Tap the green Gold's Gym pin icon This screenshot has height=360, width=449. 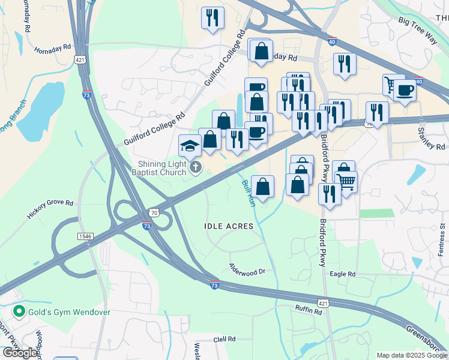[x=19, y=311]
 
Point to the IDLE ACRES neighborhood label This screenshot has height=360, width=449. [x=228, y=226]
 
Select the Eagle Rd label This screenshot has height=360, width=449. [x=343, y=274]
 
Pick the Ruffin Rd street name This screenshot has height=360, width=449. [x=309, y=308]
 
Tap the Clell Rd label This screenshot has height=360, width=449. [x=227, y=340]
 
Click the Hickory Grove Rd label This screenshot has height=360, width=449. [x=50, y=208]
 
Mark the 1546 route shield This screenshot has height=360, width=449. [x=86, y=236]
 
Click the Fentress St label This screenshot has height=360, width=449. [x=442, y=239]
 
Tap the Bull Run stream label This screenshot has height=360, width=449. [x=249, y=193]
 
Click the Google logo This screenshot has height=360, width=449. [x=20, y=352]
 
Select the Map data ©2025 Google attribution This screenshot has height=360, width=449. [x=412, y=355]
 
